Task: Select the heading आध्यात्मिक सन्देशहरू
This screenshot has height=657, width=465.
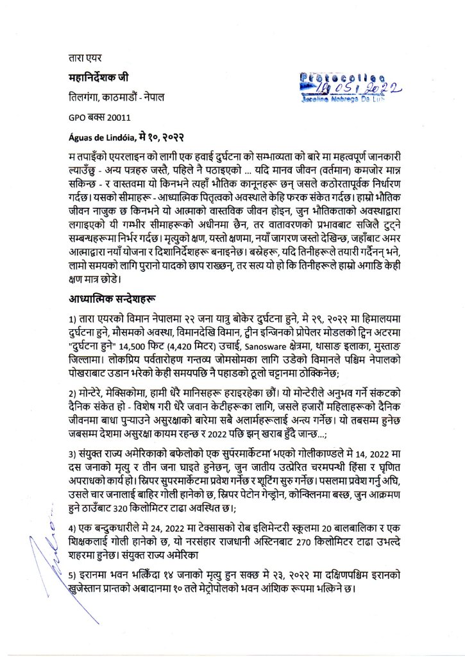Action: [115, 299]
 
